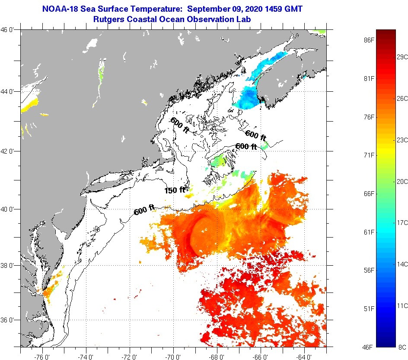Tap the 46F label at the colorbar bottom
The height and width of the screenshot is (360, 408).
[368, 347]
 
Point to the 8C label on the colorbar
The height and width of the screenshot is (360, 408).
[402, 347]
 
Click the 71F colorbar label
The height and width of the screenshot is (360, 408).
[368, 155]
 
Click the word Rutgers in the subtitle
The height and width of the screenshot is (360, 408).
[108, 19]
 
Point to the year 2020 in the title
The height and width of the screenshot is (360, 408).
[253, 9]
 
